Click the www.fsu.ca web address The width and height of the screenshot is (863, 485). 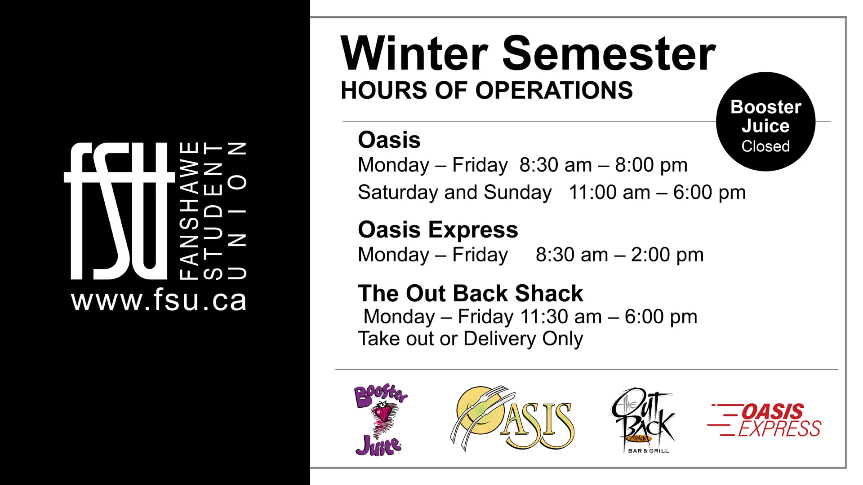click(x=159, y=300)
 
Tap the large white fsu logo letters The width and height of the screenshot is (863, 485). click(x=119, y=211)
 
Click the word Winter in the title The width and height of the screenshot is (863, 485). click(x=414, y=53)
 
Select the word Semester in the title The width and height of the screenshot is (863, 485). click(x=609, y=53)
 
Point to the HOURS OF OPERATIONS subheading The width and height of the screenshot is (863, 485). click(x=487, y=90)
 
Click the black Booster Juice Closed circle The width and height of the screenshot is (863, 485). click(x=765, y=122)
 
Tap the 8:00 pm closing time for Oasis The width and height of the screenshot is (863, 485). click(x=651, y=165)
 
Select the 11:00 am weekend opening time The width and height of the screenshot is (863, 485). click(x=609, y=193)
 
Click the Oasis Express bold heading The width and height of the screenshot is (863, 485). click(x=438, y=230)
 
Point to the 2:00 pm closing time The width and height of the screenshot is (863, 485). click(x=667, y=255)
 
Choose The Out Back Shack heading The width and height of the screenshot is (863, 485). click(x=471, y=293)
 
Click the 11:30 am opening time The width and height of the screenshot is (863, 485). click(x=561, y=317)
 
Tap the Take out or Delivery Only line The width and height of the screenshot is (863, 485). click(x=470, y=339)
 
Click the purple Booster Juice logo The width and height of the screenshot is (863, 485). click(x=381, y=420)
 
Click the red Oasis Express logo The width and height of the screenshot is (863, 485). click(x=764, y=420)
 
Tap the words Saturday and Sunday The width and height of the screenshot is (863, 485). click(x=454, y=193)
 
